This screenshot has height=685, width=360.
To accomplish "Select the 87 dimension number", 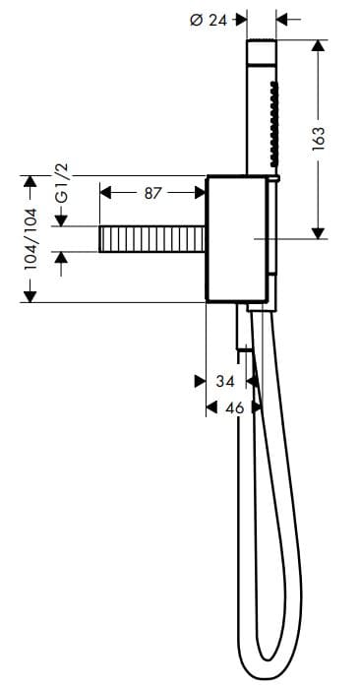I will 151,194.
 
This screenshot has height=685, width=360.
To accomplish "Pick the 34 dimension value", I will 224,381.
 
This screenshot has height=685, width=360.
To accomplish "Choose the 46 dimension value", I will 234,406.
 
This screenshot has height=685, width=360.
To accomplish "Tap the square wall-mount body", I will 235,239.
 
